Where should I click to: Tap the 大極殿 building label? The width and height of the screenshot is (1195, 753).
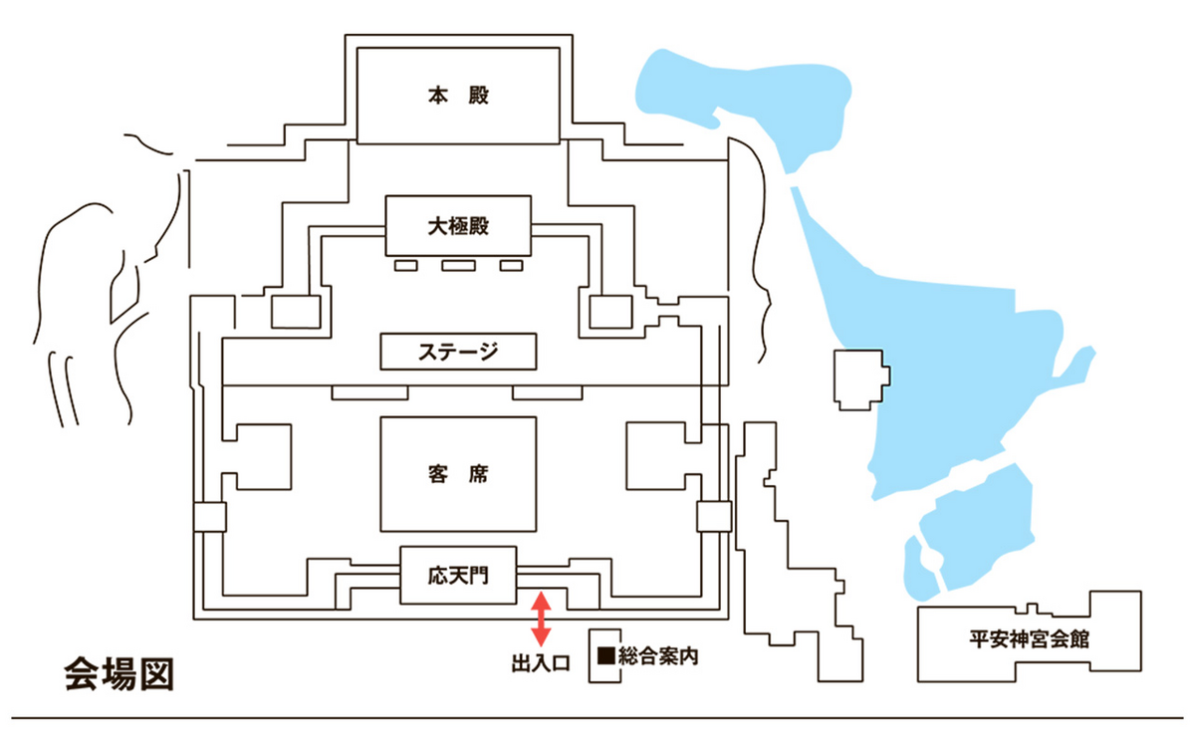(459, 225)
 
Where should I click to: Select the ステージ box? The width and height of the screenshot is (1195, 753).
(459, 352)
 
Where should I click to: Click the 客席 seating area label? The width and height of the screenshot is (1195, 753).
(459, 474)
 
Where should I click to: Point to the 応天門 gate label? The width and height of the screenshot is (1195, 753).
(459, 575)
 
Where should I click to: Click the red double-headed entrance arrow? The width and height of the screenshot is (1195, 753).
(540, 618)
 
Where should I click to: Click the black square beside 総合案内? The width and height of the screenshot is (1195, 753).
(605, 656)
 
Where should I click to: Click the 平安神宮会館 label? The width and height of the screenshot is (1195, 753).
(1029, 639)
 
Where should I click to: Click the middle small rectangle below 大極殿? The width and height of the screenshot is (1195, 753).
(457, 265)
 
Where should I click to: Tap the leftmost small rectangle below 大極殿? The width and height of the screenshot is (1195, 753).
(406, 265)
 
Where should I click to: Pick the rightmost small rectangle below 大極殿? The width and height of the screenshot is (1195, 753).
(511, 265)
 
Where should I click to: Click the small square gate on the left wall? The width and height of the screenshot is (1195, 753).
(210, 517)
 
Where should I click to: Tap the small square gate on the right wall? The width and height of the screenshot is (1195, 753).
(713, 517)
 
